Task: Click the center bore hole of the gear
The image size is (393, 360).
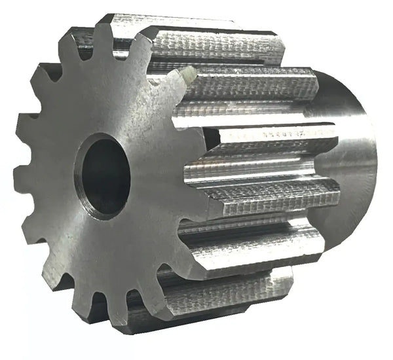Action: pos(103,175)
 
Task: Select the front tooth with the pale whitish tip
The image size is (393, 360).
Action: pos(187,77)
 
